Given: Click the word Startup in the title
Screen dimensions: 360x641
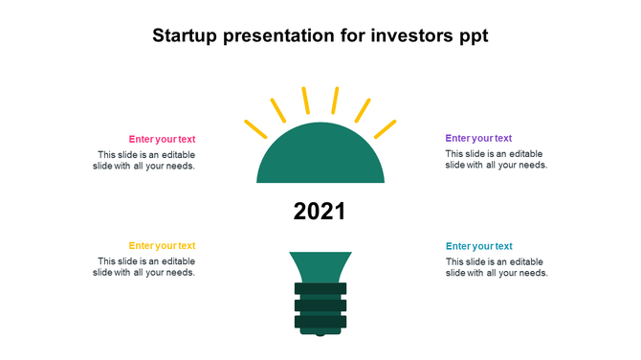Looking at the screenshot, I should pyautogui.click(x=185, y=36).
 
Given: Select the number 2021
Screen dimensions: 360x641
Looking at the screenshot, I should pyautogui.click(x=320, y=212).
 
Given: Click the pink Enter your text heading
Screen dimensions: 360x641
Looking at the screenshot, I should pyautogui.click(x=162, y=139).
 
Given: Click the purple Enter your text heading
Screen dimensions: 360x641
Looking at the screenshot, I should pyautogui.click(x=478, y=138).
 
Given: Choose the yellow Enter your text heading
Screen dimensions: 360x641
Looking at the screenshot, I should pyautogui.click(x=162, y=246).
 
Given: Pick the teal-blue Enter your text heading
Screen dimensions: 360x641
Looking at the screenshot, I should pyautogui.click(x=478, y=246).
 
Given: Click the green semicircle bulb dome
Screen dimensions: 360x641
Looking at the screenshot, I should pyautogui.click(x=320, y=158).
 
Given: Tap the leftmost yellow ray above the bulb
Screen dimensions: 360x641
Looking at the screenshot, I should pyautogui.click(x=255, y=128).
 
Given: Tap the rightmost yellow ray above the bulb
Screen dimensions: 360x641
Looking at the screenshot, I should pyautogui.click(x=386, y=128).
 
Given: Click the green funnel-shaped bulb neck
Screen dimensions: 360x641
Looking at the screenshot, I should pyautogui.click(x=320, y=266).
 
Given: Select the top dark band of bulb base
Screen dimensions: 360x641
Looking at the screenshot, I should pyautogui.click(x=320, y=288).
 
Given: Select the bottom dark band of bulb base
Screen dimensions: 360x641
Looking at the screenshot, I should pyautogui.click(x=320, y=322).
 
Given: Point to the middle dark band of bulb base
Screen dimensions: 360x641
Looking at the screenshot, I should pyautogui.click(x=320, y=305).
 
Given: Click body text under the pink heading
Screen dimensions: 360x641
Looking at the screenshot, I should pyautogui.click(x=146, y=160).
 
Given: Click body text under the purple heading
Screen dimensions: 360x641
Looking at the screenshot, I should pyautogui.click(x=496, y=159).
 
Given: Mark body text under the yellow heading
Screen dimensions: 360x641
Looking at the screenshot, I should pyautogui.click(x=146, y=267).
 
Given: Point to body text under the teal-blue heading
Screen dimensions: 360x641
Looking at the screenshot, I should pyautogui.click(x=496, y=267).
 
